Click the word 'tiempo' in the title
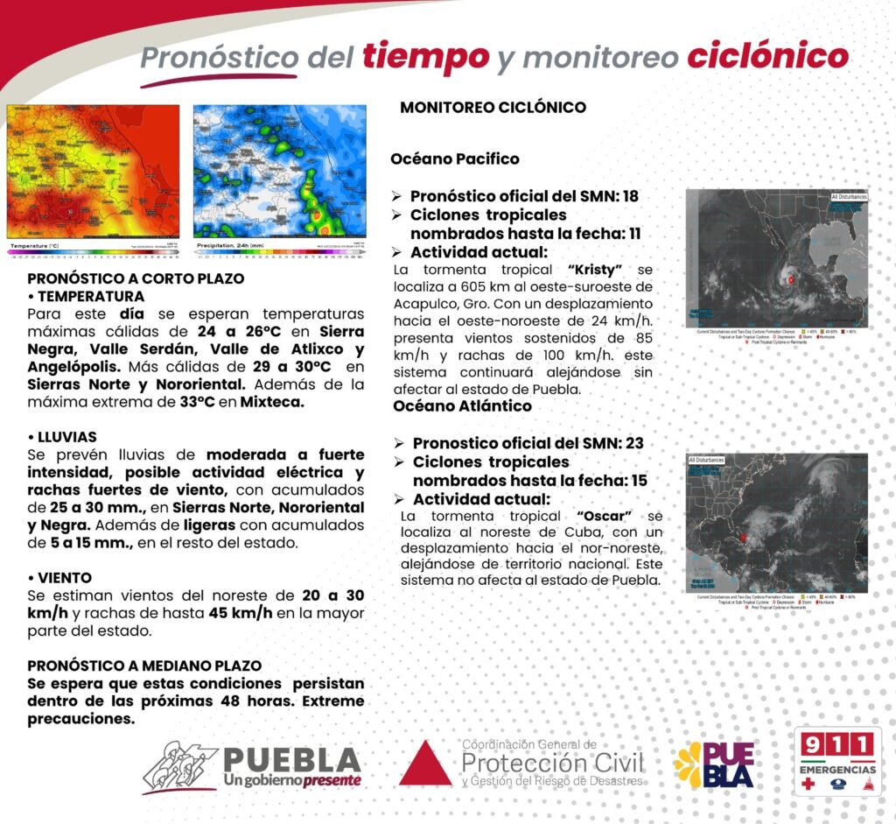click(424, 57)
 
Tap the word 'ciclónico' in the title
click(766, 57)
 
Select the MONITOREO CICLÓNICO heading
click(493, 108)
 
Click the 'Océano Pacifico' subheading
click(454, 158)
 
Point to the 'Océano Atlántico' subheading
click(462, 406)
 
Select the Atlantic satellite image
click(777, 523)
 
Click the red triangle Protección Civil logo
click(425, 764)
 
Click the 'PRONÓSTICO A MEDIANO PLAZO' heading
click(144, 666)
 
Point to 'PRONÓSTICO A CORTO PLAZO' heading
click(136, 278)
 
